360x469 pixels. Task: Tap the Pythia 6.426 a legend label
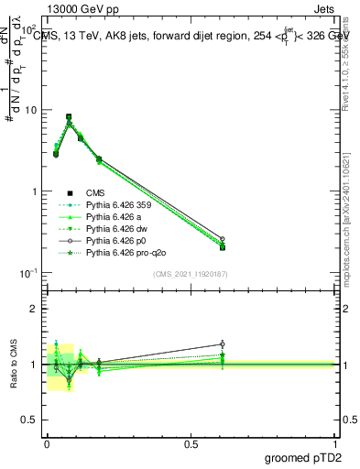[x=113, y=217]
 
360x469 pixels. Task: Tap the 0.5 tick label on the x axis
[x=191, y=442]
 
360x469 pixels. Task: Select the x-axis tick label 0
[x=46, y=442]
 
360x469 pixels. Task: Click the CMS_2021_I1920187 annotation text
[x=190, y=273]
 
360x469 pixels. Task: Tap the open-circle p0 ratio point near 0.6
[x=223, y=344]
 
